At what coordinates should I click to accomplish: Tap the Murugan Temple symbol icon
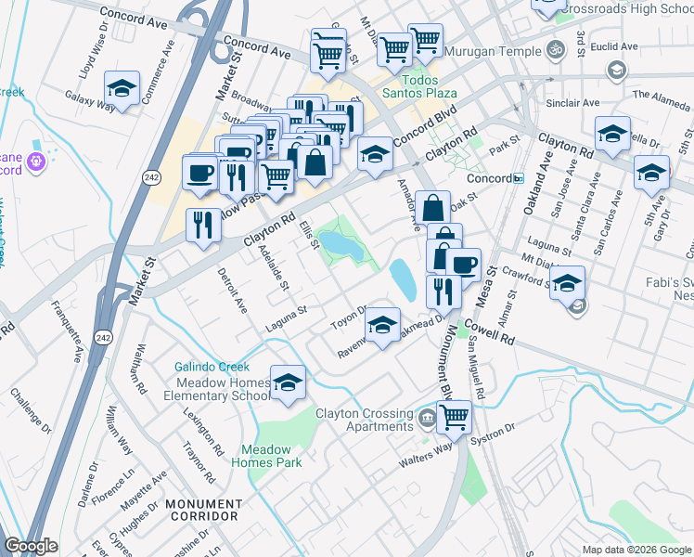[x=556, y=47]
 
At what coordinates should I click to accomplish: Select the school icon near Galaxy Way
[x=121, y=89]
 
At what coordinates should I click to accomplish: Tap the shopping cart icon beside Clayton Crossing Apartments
[x=453, y=417]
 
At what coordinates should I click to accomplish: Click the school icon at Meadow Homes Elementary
[x=289, y=382]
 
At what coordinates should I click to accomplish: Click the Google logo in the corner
[x=31, y=546]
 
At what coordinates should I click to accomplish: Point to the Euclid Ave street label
[x=617, y=45]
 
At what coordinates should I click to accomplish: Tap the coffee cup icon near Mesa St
[x=464, y=265]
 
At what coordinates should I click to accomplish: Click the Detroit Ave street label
[x=232, y=290]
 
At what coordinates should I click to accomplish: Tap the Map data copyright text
[x=636, y=550]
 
